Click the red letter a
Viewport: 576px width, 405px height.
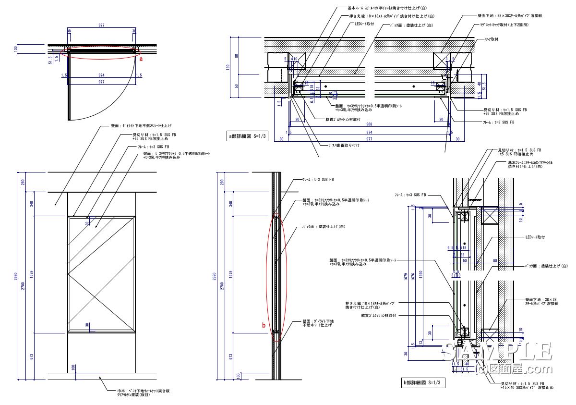[141, 59]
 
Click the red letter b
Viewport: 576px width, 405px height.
[264, 325]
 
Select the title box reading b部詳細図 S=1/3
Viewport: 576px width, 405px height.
[421, 382]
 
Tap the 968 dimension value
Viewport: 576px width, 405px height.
[369, 123]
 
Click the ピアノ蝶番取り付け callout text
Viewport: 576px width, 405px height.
[344, 145]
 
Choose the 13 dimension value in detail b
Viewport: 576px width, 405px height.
[420, 343]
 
